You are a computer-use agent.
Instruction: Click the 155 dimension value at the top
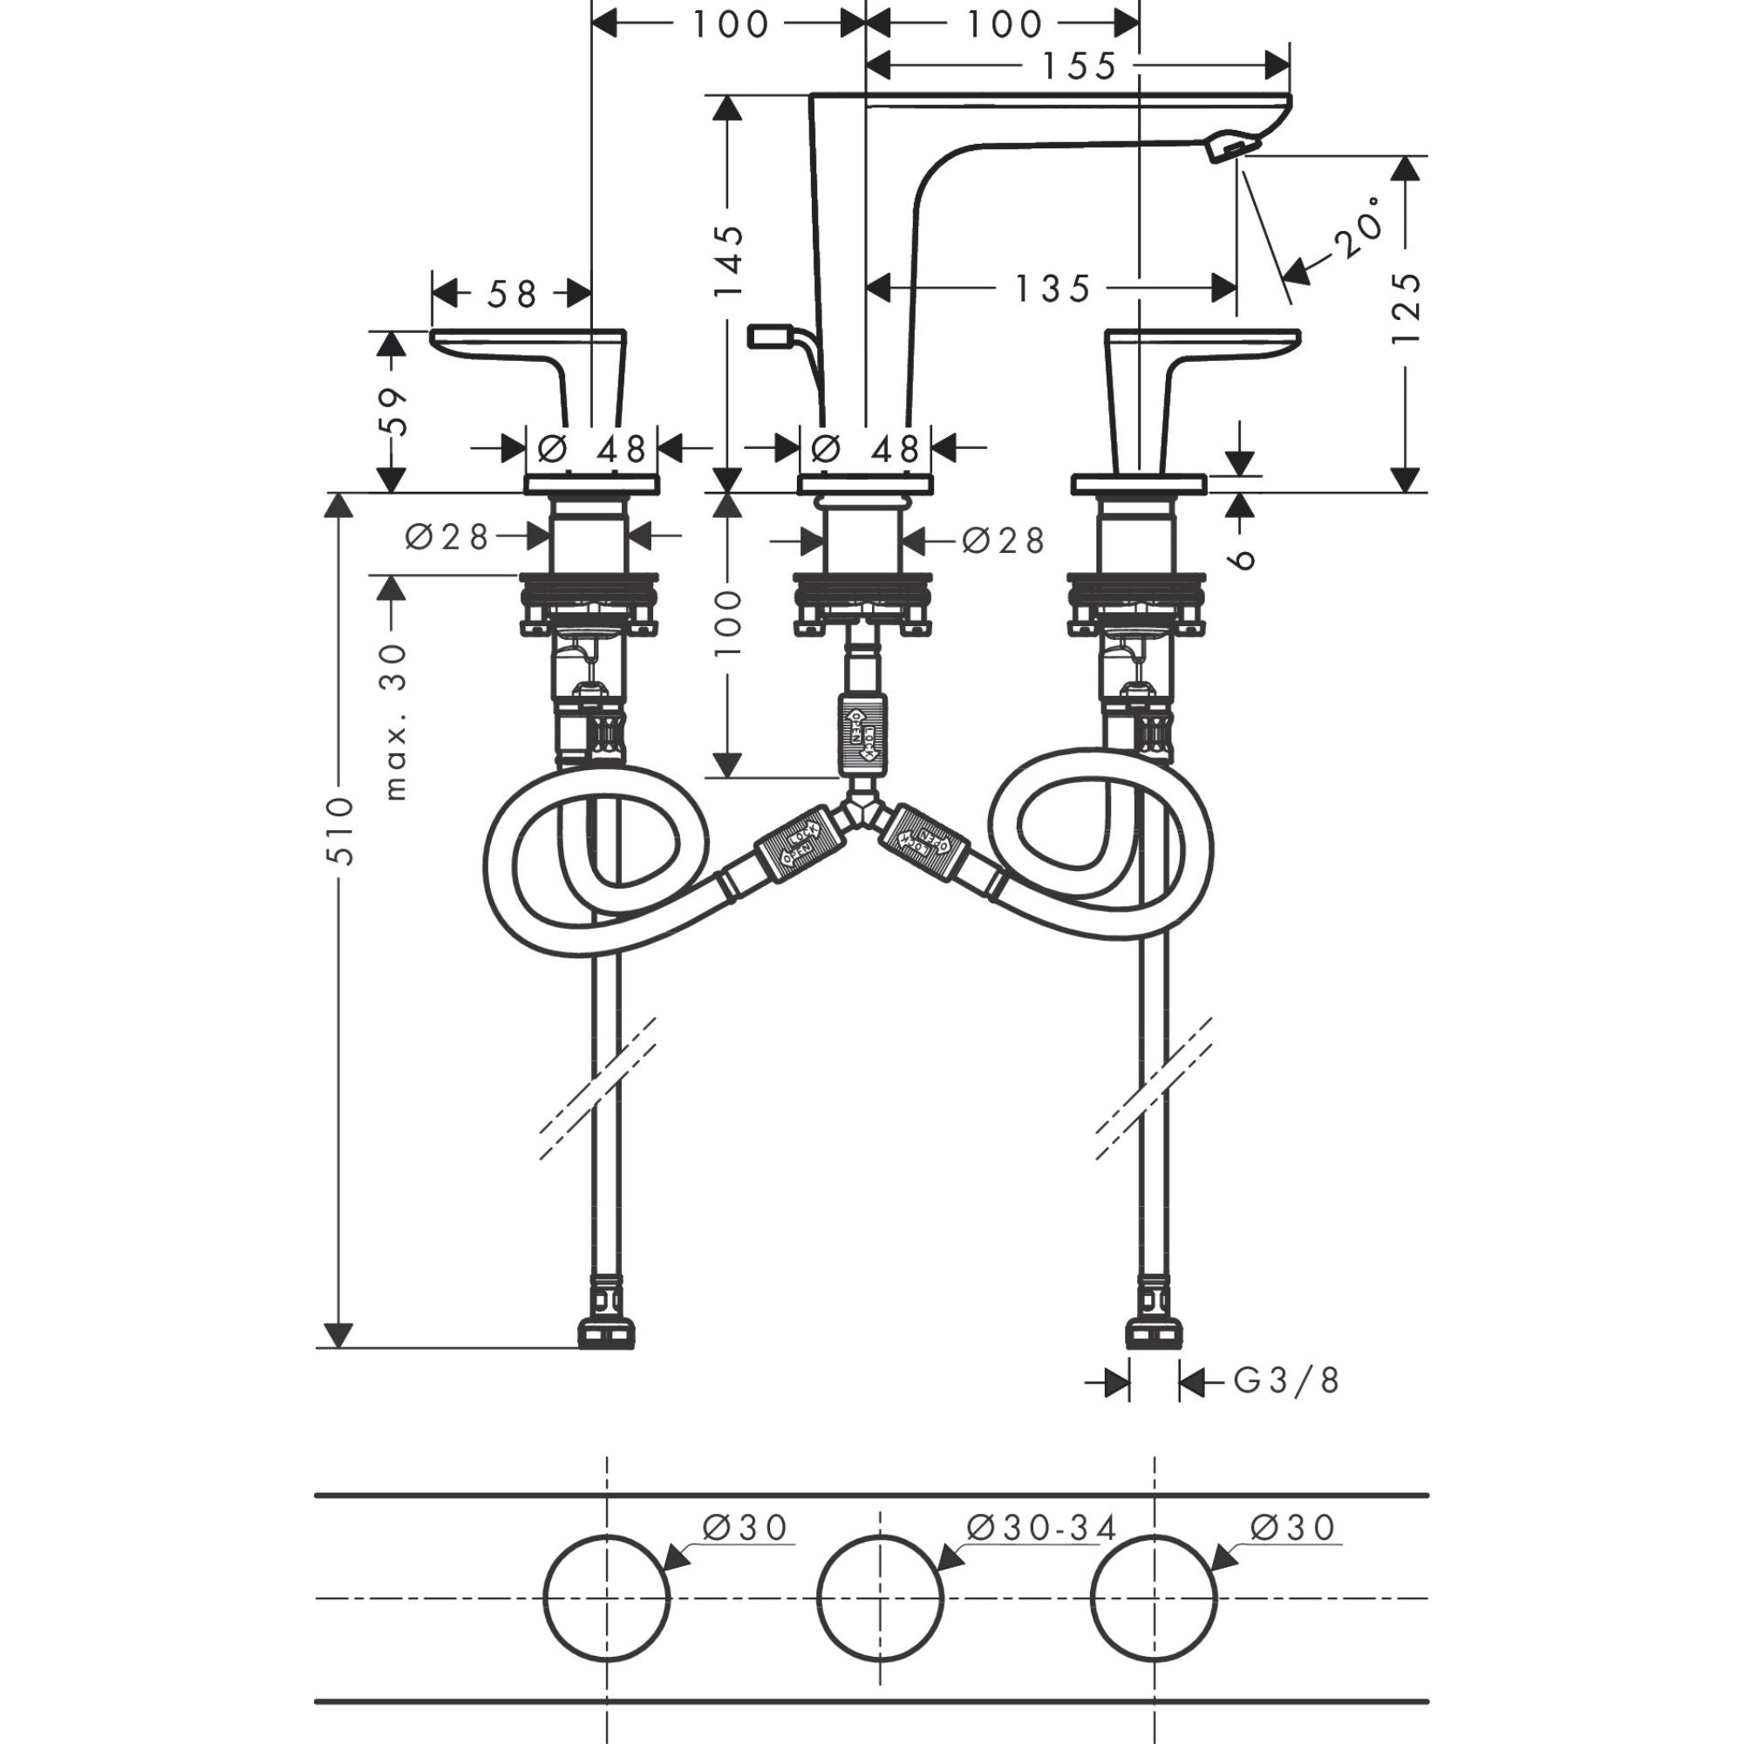coord(1079,66)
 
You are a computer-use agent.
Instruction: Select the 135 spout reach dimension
coord(1053,289)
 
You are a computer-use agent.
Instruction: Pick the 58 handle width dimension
coord(512,293)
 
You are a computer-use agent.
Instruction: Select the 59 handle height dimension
coord(392,412)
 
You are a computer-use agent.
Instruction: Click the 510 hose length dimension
coord(339,829)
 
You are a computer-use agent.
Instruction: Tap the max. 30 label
coord(393,722)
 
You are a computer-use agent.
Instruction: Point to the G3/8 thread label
coord(1285,1380)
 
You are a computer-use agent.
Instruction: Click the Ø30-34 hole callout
coord(1041,1528)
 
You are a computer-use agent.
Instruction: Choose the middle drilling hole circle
coord(880,1598)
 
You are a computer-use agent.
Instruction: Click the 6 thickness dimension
coord(1243,559)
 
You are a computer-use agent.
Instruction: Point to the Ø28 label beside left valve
coord(446,538)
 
